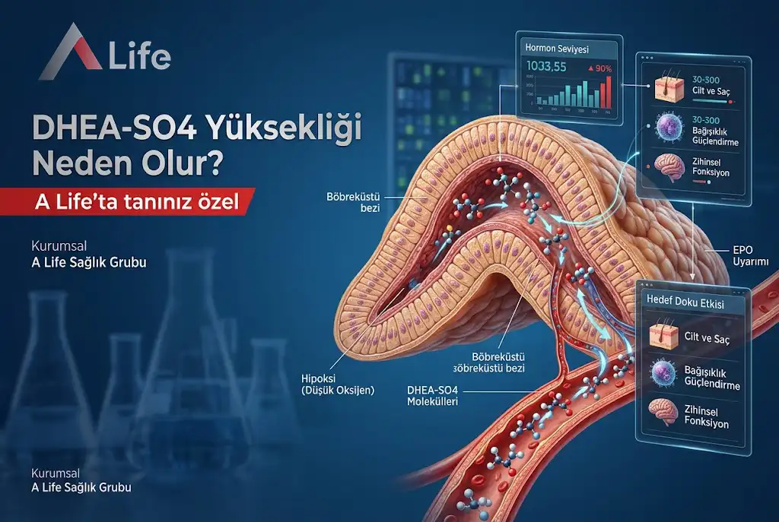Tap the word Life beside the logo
(140, 57)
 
